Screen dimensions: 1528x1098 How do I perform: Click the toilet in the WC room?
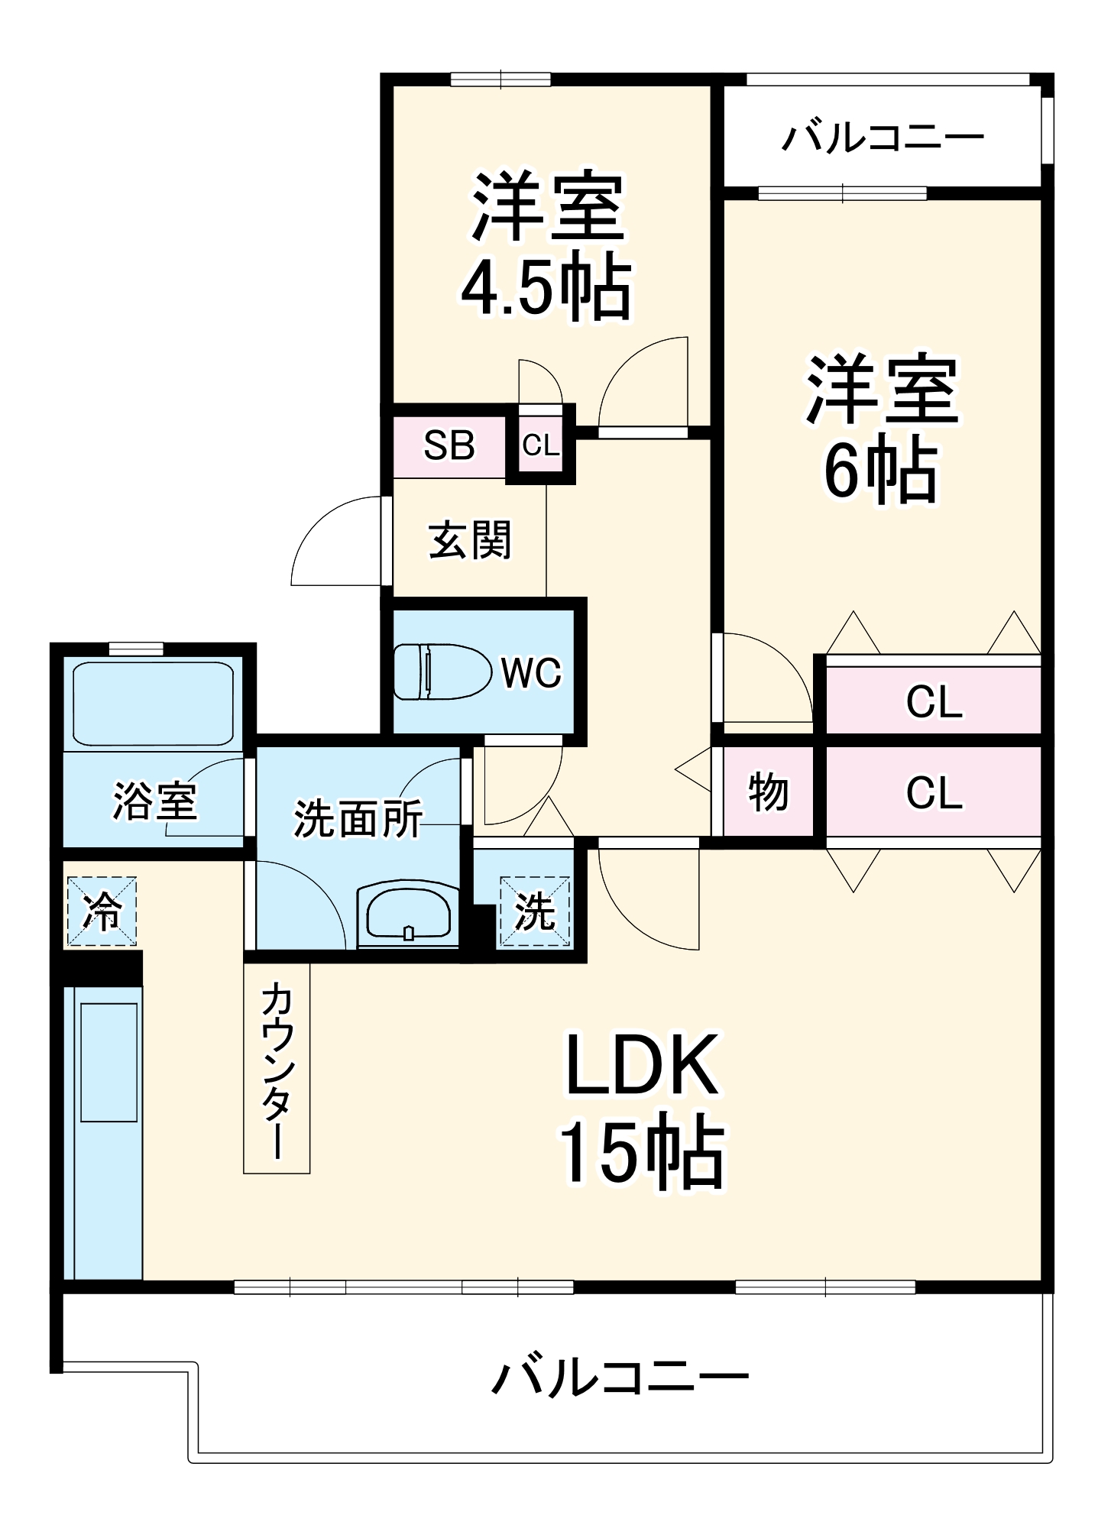tap(441, 672)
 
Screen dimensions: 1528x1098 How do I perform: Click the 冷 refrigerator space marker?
tap(102, 910)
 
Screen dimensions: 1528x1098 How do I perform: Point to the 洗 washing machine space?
tap(534, 911)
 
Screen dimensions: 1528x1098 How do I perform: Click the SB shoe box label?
tap(449, 445)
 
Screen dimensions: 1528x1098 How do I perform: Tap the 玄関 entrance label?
tap(469, 540)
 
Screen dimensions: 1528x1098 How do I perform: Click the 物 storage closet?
tap(768, 792)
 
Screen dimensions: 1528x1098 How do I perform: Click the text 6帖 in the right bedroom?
tap(880, 470)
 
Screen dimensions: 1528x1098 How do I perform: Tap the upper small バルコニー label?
tap(883, 138)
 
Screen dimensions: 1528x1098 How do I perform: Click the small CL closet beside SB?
tap(541, 445)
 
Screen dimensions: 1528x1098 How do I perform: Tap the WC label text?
tap(531, 673)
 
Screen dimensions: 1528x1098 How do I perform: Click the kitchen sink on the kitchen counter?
tap(109, 1062)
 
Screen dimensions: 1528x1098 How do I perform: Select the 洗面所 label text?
tap(358, 818)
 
